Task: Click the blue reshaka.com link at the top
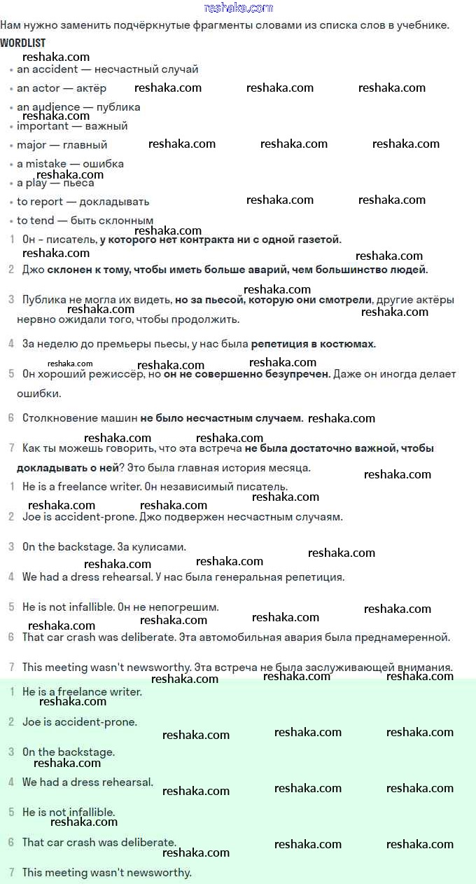coord(238,8)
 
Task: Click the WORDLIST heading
coord(23,43)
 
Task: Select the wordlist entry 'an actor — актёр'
coord(62,88)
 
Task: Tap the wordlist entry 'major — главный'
coord(62,145)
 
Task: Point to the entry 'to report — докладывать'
coord(83,202)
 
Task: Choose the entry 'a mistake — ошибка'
coord(70,164)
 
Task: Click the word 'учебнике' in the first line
coord(422,25)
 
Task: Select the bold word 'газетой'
coord(320,240)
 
